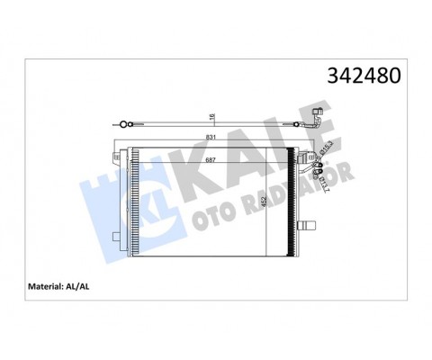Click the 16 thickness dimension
pyautogui.click(x=212, y=116)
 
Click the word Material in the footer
pyautogui.click(x=52, y=288)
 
